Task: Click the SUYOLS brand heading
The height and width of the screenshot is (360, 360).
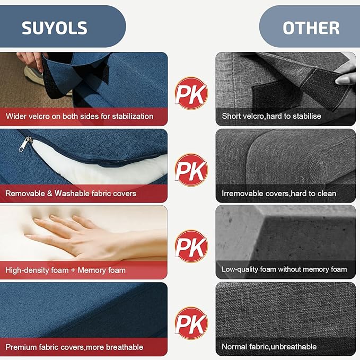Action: (55, 28)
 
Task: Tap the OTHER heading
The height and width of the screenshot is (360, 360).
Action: (311, 28)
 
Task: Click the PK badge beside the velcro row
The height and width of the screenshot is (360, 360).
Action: (191, 93)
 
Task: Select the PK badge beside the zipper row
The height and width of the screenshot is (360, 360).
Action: (191, 170)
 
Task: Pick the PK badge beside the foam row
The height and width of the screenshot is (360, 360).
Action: (191, 247)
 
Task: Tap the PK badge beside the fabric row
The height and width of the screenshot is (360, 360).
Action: (191, 323)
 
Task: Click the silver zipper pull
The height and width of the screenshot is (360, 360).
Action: (25, 144)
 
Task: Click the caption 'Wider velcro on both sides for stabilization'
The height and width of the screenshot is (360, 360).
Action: (80, 116)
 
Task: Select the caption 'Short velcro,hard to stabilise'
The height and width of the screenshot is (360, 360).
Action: (271, 116)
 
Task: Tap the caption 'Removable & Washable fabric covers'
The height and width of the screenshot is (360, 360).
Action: (71, 194)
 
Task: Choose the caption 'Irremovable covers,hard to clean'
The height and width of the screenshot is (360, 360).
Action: (279, 194)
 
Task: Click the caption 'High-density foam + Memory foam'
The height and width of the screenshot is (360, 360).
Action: (65, 270)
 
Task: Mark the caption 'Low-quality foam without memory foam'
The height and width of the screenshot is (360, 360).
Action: (284, 269)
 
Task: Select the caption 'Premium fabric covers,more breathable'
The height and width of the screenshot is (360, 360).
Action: (74, 347)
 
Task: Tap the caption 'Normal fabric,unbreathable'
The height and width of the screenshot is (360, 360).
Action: (269, 346)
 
